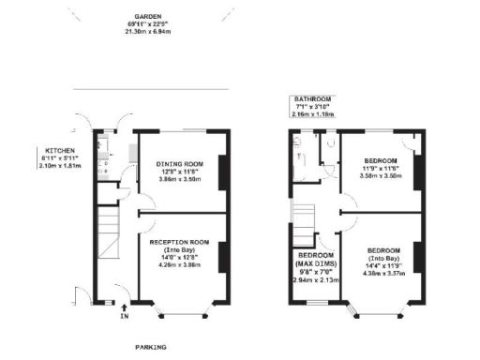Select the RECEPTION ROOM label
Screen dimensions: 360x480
[178, 242]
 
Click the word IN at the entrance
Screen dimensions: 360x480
[124, 316]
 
